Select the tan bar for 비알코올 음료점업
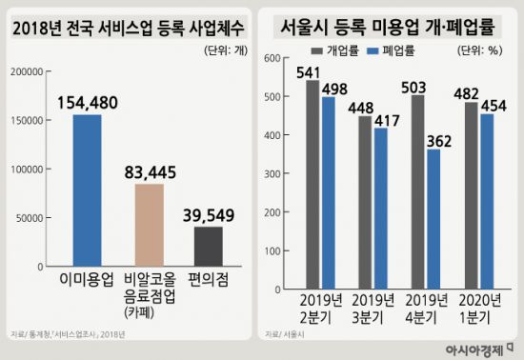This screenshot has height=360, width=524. click(x=149, y=225)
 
